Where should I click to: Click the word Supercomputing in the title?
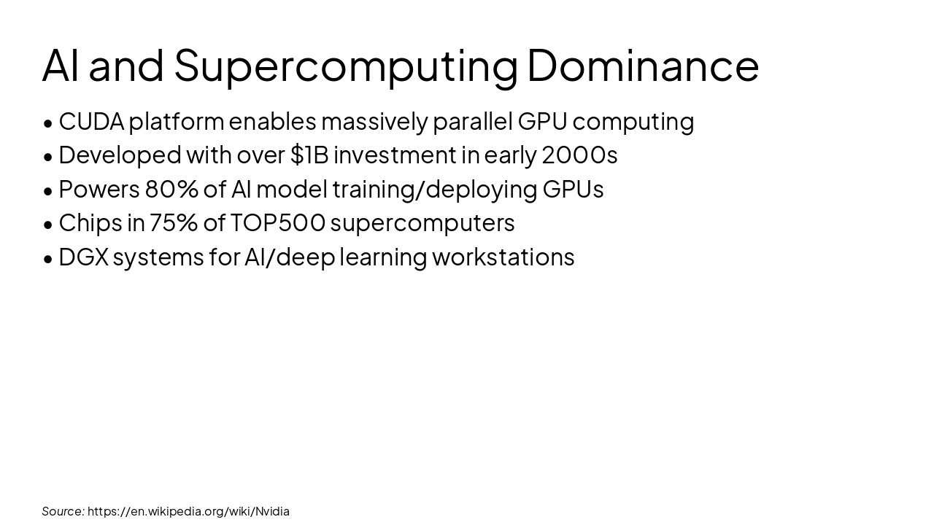pyautogui.click(x=346, y=66)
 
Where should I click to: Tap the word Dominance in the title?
pyautogui.click(x=643, y=66)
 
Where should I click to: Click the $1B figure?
pyautogui.click(x=309, y=155)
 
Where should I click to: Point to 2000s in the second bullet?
pyautogui.click(x=579, y=155)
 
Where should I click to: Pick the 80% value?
pyautogui.click(x=171, y=189)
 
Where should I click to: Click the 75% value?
pyautogui.click(x=174, y=222)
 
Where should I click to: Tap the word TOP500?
pyautogui.click(x=278, y=222)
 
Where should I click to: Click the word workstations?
pyautogui.click(x=503, y=257)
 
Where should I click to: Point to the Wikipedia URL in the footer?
pyautogui.click(x=188, y=511)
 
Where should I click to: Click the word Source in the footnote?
pyautogui.click(x=62, y=511)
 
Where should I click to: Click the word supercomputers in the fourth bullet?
pyautogui.click(x=422, y=222)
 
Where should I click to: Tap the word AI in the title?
pyautogui.click(x=61, y=66)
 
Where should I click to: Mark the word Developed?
pyautogui.click(x=120, y=155)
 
